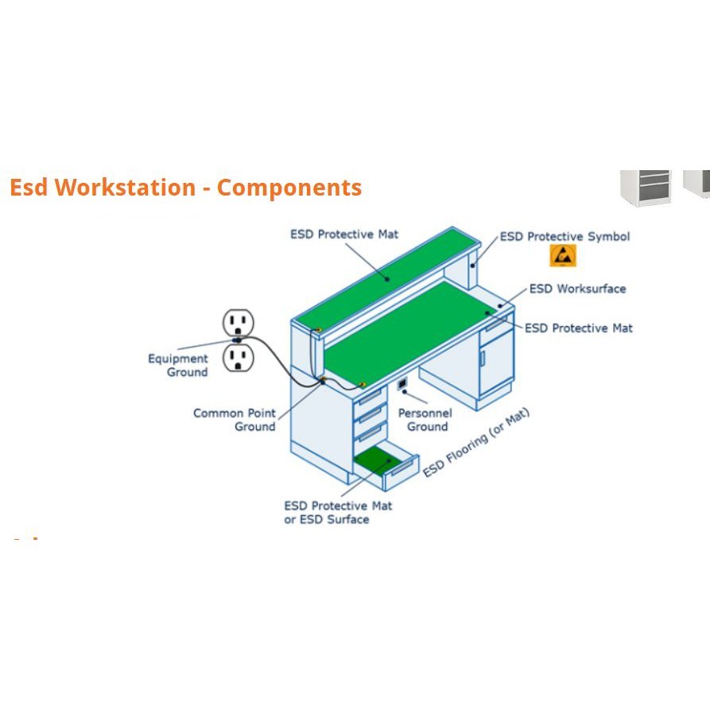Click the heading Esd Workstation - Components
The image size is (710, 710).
pos(185,188)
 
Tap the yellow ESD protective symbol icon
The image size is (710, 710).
pos(563,256)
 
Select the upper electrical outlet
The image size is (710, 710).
pos(238,323)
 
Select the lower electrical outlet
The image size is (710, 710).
pos(238,358)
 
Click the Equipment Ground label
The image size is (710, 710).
pos(178,366)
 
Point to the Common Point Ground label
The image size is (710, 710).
pos(235,420)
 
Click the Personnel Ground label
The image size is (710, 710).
pos(425,420)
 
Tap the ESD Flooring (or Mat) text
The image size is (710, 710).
pos(476,442)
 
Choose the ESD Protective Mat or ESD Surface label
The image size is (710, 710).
pos(338,513)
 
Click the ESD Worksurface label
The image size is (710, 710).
pos(577,289)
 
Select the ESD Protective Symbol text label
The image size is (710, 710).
pos(565,237)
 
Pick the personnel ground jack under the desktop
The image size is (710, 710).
pos(402,385)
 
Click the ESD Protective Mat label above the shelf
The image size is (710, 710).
pos(344,235)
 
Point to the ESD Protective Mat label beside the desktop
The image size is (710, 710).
pos(579,328)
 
